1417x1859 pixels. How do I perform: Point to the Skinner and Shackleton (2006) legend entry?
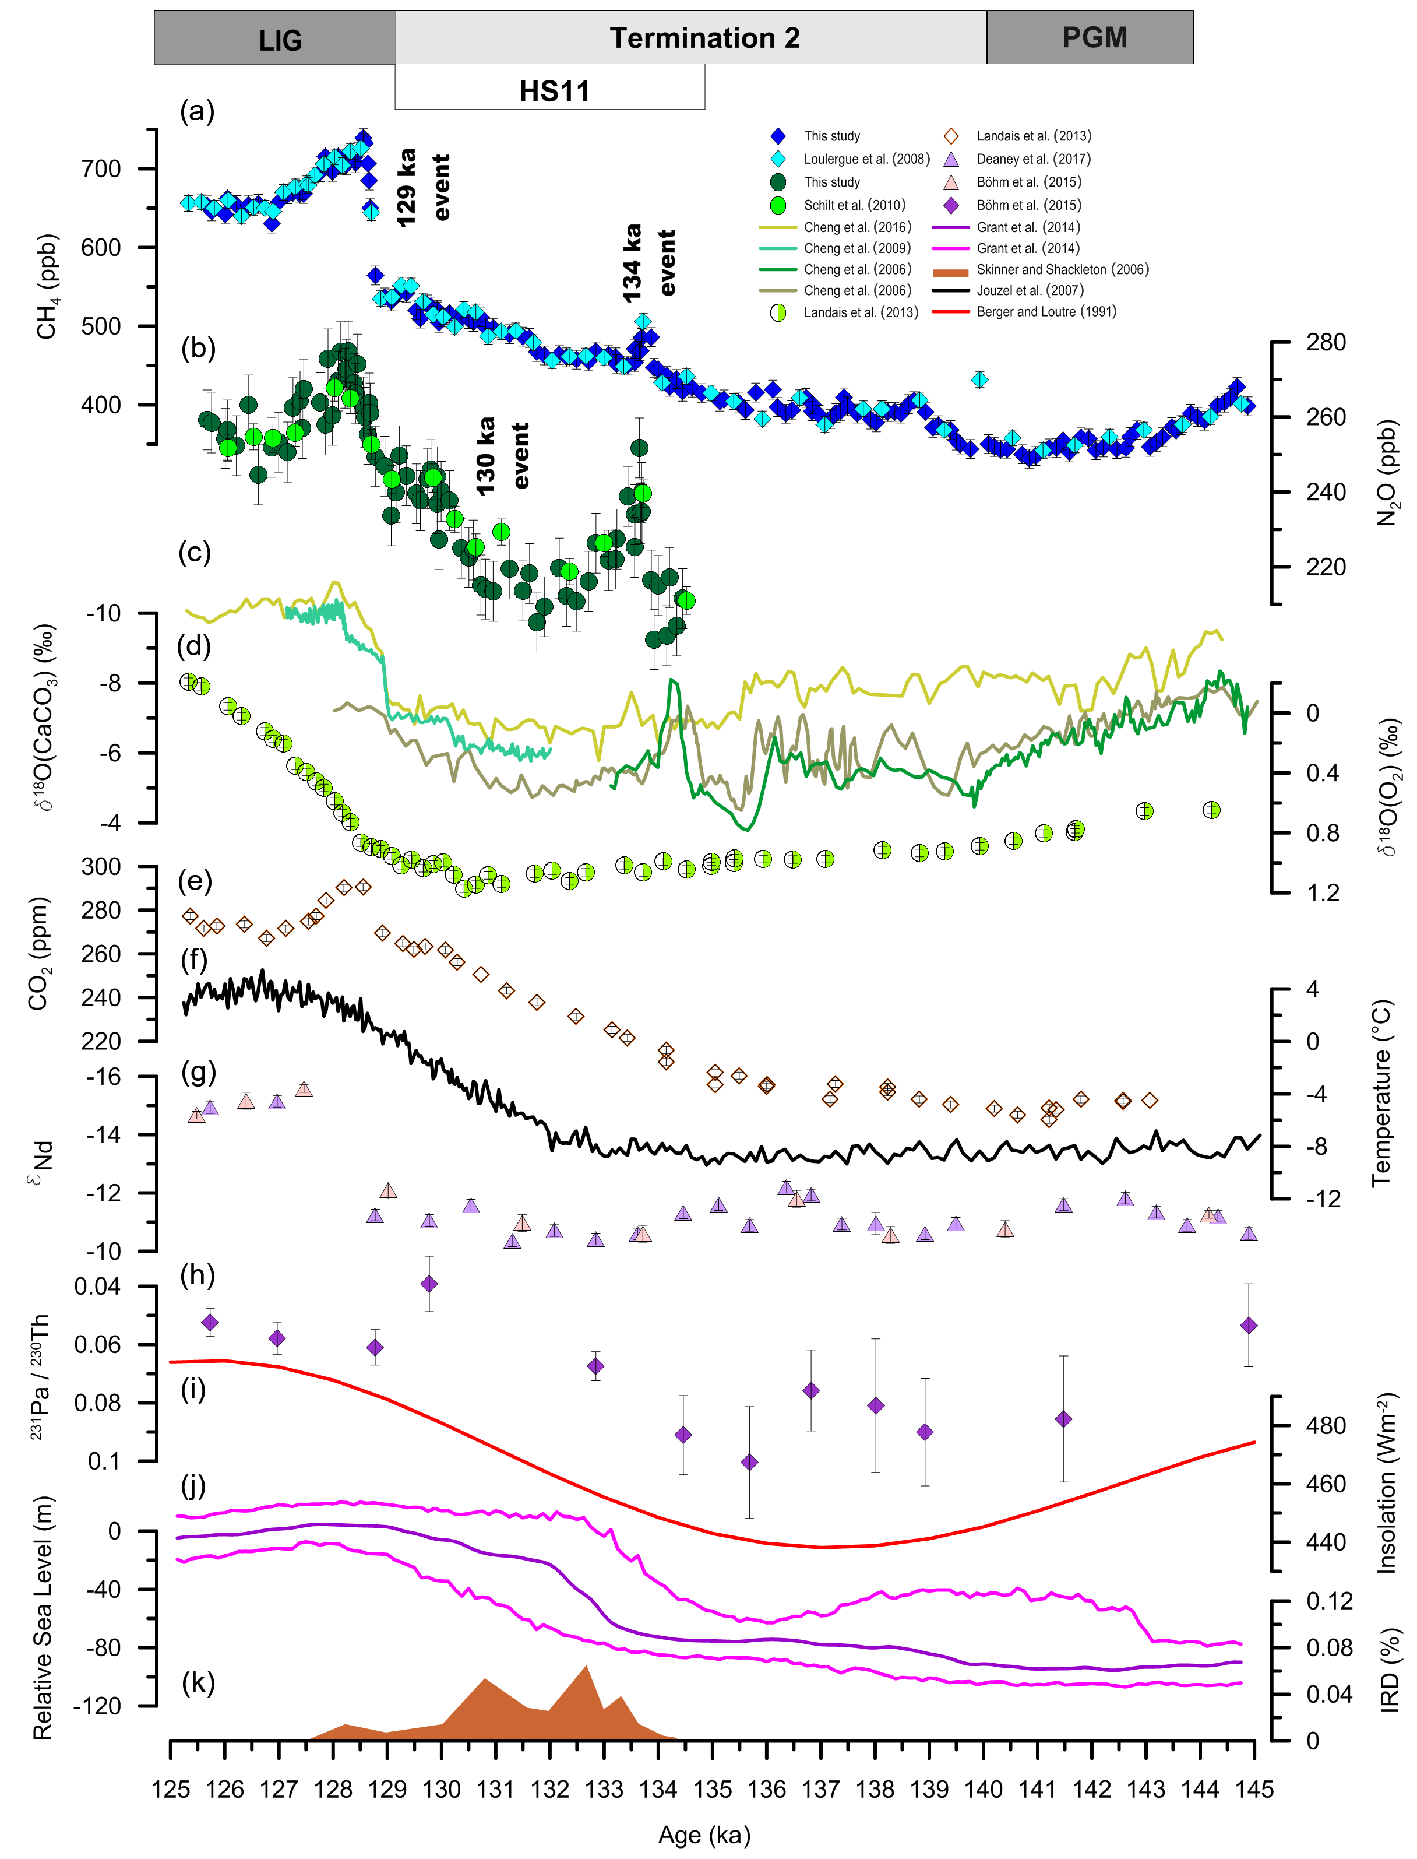click(1062, 270)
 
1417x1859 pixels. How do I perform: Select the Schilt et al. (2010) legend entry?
click(854, 205)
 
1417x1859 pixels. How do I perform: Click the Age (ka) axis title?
click(704, 1835)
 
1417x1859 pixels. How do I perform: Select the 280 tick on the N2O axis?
click(1325, 343)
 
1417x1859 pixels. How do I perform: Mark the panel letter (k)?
click(198, 1682)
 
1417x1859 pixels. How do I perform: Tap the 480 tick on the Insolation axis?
click(1325, 1426)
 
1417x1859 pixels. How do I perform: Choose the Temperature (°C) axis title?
click(1381, 1094)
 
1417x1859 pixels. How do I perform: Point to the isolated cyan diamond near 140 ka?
click(979, 379)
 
